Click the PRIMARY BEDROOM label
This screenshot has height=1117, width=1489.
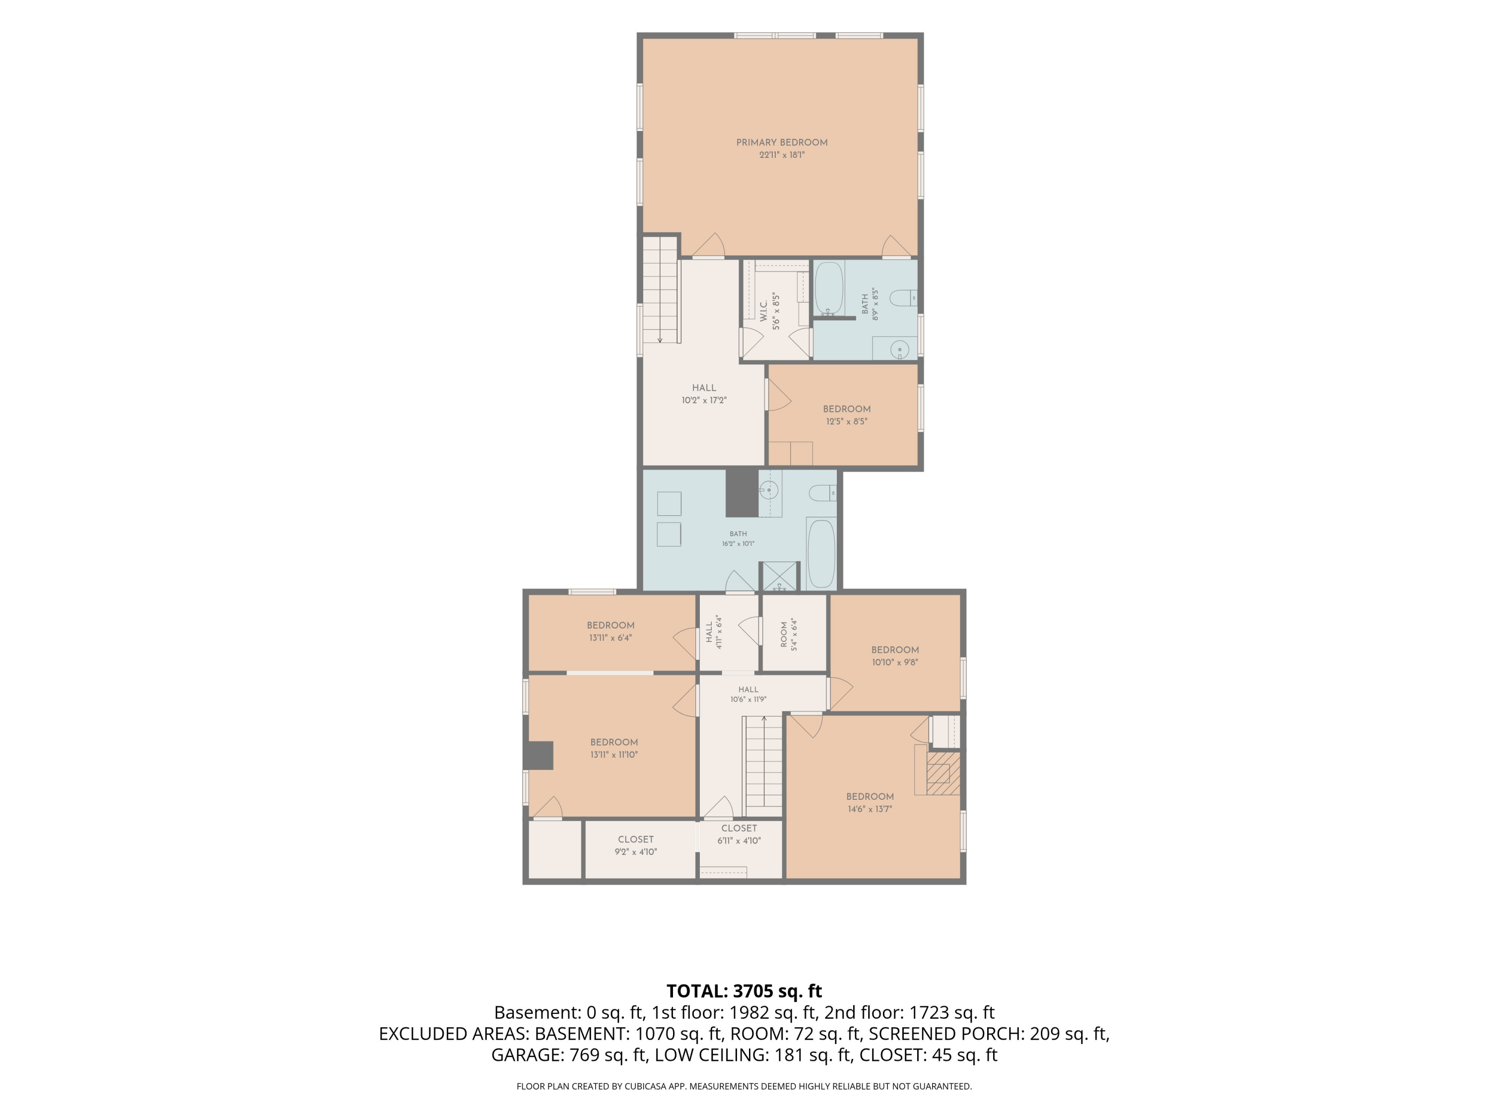pyautogui.click(x=782, y=143)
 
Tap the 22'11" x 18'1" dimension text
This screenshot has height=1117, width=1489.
pyautogui.click(x=782, y=155)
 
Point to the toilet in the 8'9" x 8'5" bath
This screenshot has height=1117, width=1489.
pyautogui.click(x=903, y=297)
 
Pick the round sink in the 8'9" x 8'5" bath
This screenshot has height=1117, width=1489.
pyautogui.click(x=899, y=349)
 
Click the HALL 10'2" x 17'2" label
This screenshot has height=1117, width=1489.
pyautogui.click(x=704, y=394)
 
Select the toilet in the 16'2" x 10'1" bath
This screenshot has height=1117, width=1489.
pyautogui.click(x=822, y=493)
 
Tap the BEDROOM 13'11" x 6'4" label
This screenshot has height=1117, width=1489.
pyautogui.click(x=610, y=631)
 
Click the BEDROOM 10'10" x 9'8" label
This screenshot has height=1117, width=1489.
pyautogui.click(x=895, y=656)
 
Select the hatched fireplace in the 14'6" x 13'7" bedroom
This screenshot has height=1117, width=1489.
pyautogui.click(x=943, y=773)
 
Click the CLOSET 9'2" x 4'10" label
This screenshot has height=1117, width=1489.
pyautogui.click(x=635, y=845)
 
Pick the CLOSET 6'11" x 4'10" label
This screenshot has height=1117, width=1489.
pyautogui.click(x=739, y=834)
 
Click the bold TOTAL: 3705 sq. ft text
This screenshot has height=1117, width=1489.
pyautogui.click(x=744, y=991)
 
